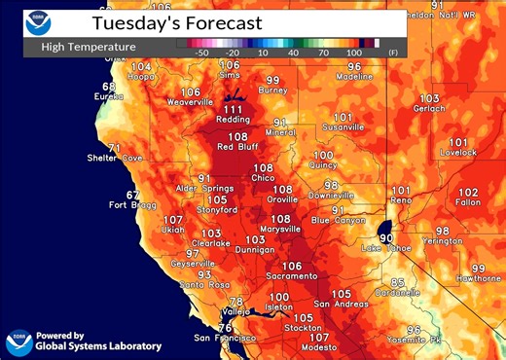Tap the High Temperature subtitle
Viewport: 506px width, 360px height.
tap(89, 45)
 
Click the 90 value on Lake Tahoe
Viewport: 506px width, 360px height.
tap(386, 236)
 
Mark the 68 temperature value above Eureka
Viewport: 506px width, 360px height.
tap(109, 87)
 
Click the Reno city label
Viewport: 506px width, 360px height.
tap(401, 201)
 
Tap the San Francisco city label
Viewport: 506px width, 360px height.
tap(224, 338)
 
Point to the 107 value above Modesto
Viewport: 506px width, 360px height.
tap(319, 336)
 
